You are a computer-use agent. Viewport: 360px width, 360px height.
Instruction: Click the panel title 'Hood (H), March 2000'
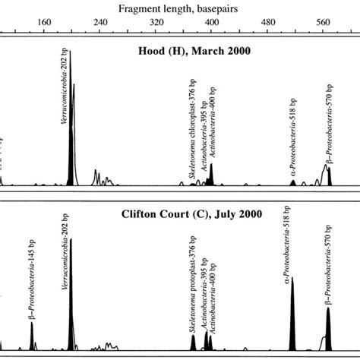185,51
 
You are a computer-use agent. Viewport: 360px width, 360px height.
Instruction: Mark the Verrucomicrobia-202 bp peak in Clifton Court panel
71,304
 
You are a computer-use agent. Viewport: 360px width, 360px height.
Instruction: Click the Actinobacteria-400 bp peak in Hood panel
210,175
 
